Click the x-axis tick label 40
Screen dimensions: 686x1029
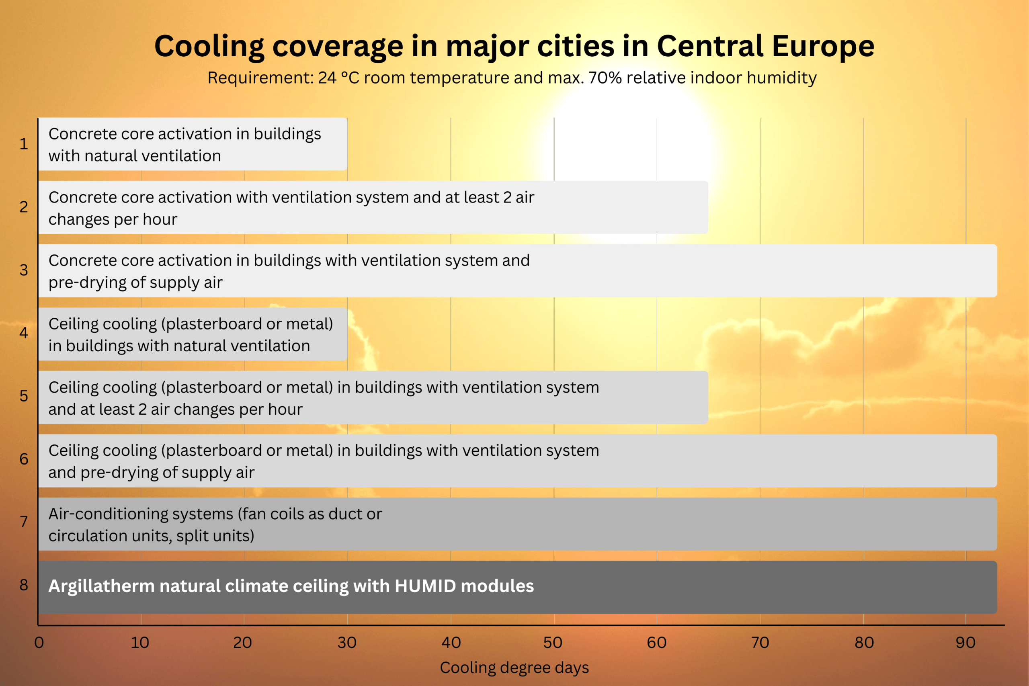451,643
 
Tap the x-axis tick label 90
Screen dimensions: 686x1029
965,643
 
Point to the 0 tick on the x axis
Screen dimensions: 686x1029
39,643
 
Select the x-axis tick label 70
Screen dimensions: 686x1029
760,643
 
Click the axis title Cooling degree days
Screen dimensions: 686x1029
514,668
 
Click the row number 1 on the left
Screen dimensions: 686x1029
24,144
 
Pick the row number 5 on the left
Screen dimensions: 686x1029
24,396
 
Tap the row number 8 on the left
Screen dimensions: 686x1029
24,585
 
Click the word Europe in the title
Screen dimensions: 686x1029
822,46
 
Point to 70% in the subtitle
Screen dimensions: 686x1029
605,78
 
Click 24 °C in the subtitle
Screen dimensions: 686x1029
338,78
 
